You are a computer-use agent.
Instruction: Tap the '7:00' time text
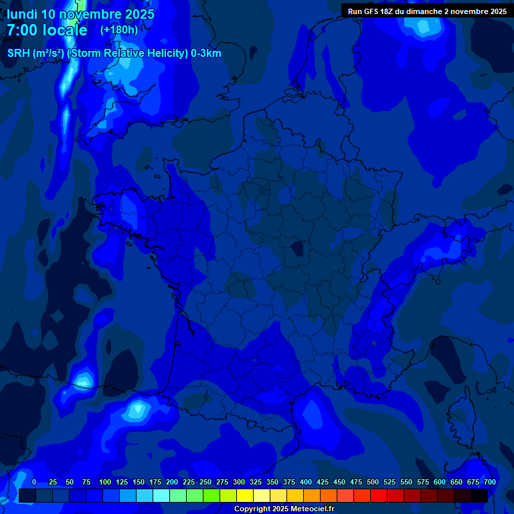pos(21,30)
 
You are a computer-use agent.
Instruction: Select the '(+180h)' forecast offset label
pos(118,30)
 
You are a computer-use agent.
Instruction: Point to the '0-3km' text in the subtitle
pos(206,54)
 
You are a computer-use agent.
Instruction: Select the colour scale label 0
pos(34,482)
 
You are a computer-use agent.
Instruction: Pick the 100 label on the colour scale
pos(105,482)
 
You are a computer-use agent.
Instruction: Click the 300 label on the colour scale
pos(239,482)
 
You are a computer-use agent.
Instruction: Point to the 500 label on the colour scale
pos(373,482)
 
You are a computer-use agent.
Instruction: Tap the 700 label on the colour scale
pos(490,482)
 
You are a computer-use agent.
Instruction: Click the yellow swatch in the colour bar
pos(245,495)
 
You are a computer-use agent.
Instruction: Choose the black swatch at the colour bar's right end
pos(479,495)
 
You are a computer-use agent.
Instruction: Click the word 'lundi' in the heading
pos(21,14)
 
